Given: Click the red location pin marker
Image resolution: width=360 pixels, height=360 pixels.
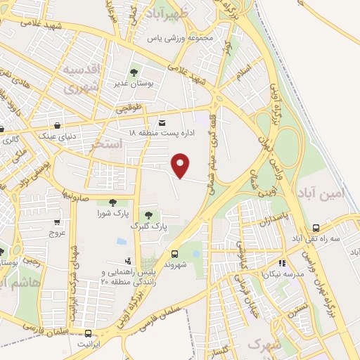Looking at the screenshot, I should tap(181, 165).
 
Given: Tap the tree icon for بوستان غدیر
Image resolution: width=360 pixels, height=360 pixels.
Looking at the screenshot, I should tap(134, 72).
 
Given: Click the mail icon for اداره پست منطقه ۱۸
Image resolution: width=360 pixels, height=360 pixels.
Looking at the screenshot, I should tap(163, 121).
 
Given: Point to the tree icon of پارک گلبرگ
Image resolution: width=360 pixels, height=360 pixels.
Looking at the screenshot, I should tap(148, 215).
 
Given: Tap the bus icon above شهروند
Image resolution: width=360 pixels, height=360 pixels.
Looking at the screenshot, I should tap(174, 253).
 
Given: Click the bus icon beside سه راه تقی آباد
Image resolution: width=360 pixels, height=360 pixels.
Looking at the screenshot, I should tap(315, 228).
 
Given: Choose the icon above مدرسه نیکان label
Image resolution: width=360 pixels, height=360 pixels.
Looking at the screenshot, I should tap(283, 262).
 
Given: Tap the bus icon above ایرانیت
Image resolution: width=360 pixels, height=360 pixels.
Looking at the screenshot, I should tap(88, 333).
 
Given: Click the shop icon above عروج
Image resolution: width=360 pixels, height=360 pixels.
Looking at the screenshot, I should tap(56, 221).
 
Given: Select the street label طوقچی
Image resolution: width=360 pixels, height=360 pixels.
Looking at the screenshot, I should tap(129, 109).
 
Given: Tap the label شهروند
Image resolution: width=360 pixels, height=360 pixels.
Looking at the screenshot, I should tap(174, 265).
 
